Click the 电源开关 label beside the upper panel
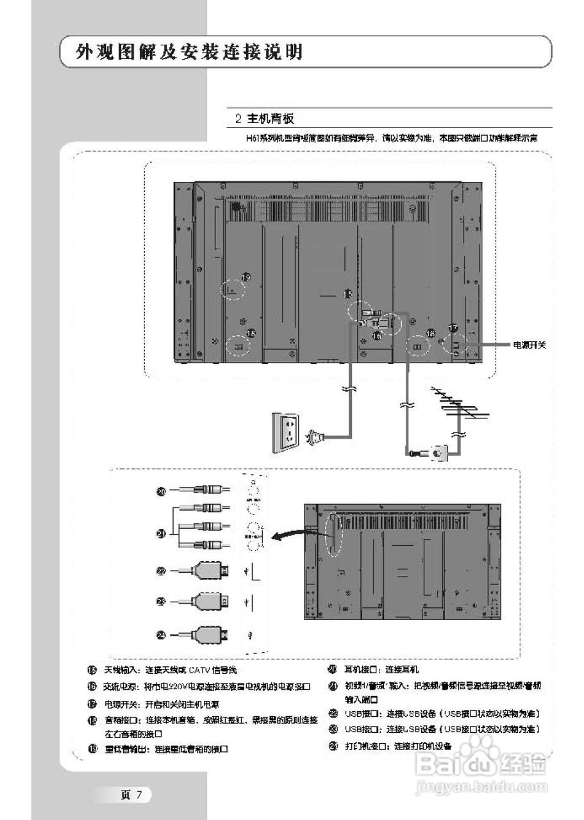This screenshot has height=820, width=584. click(528, 345)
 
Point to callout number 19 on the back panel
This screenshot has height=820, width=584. click(246, 277)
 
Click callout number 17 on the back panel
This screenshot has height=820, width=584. click(453, 328)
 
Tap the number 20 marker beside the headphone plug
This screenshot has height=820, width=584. click(162, 491)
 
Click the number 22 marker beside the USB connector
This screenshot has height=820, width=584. click(162, 570)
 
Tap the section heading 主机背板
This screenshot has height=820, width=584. click(269, 119)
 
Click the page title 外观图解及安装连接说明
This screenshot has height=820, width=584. click(189, 52)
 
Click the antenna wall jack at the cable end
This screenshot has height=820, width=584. click(439, 452)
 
